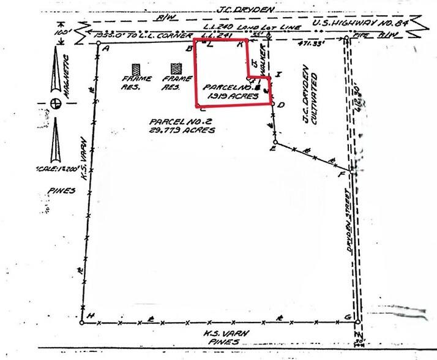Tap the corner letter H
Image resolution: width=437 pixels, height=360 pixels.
(x=91, y=315)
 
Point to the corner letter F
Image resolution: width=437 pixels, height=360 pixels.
(x=342, y=176)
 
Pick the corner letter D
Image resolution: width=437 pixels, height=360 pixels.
(x=280, y=105)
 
